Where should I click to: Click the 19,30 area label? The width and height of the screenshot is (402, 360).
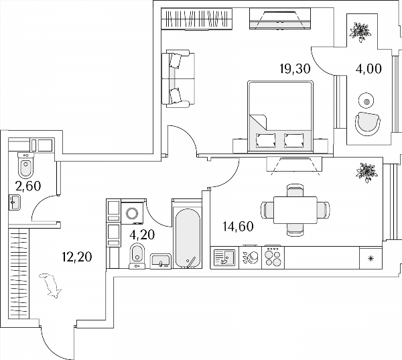tap(295, 69)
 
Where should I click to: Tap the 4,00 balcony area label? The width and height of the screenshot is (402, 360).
tap(368, 69)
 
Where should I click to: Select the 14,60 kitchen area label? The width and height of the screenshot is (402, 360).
tap(238, 227)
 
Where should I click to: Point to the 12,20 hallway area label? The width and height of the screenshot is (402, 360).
tap(76, 257)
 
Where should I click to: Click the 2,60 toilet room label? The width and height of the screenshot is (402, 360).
tap(28, 186)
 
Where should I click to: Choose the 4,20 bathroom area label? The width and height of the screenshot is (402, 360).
tap(142, 235)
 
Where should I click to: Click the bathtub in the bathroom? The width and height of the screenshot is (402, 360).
tap(188, 238)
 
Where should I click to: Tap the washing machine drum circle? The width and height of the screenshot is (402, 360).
tap(132, 213)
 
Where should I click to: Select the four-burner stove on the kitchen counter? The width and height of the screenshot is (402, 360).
tap(273, 257)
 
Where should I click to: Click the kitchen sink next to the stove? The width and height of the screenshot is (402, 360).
tap(224, 257)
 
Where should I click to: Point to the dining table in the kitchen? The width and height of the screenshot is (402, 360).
tap(295, 210)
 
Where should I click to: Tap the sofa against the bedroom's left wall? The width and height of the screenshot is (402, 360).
tap(178, 79)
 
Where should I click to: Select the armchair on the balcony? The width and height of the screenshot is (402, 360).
tap(368, 123)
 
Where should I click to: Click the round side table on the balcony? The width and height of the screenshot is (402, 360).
tap(366, 101)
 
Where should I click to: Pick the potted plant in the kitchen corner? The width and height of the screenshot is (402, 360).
tap(367, 172)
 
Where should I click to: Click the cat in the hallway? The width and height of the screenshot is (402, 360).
tap(50, 286)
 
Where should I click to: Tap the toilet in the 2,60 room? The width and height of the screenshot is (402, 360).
tap(25, 166)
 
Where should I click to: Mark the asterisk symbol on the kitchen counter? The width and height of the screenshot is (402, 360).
tap(371, 258)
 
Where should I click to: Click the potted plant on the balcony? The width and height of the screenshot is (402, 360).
tap(360, 32)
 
